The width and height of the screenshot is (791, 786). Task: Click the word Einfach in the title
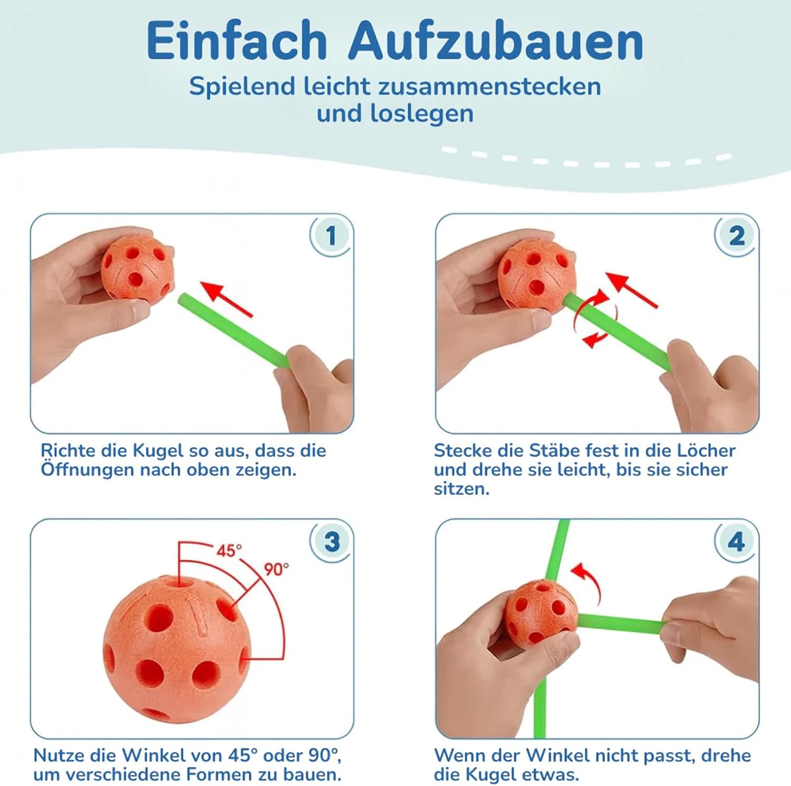pyautogui.click(x=237, y=41)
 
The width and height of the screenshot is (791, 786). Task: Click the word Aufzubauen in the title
pyautogui.click(x=496, y=41)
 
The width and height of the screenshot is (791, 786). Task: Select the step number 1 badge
pyautogui.click(x=331, y=236)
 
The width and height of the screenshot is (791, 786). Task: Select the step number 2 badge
pyautogui.click(x=737, y=236)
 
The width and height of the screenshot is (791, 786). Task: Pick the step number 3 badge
pyautogui.click(x=331, y=542)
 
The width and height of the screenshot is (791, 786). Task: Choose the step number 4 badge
pyautogui.click(x=737, y=542)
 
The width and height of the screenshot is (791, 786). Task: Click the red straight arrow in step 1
pyautogui.click(x=226, y=298)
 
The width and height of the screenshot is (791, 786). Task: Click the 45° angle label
pyautogui.click(x=229, y=551)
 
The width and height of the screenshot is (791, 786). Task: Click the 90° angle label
pyautogui.click(x=276, y=569)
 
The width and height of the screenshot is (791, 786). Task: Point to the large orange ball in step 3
pyautogui.click(x=177, y=649)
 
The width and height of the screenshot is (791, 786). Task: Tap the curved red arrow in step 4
pyautogui.click(x=588, y=582)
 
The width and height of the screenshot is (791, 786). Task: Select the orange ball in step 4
pyautogui.click(x=541, y=612)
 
